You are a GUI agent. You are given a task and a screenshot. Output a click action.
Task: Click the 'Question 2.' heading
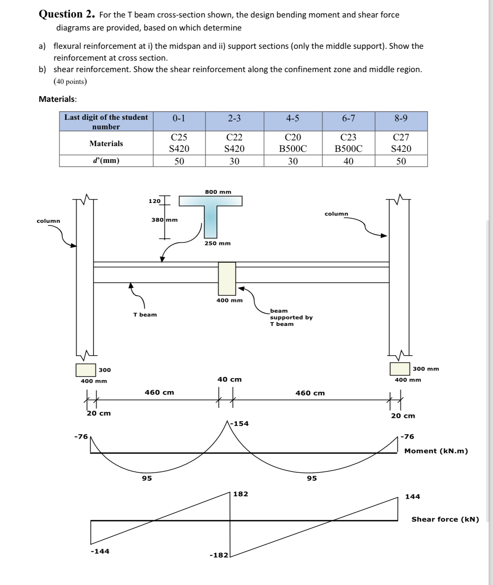(67, 15)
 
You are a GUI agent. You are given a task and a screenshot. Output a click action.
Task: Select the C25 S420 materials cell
(179, 143)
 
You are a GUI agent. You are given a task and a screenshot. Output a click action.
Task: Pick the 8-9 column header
(401, 118)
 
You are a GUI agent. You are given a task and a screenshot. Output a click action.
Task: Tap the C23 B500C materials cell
(349, 143)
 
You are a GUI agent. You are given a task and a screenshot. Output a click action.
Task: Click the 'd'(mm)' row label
(106, 161)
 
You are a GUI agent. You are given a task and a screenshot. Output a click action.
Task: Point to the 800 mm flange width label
(218, 192)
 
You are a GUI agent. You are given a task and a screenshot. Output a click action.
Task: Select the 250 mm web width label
(217, 243)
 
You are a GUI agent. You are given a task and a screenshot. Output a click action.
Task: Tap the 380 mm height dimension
(164, 220)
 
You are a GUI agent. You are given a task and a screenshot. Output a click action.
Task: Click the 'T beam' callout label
(145, 315)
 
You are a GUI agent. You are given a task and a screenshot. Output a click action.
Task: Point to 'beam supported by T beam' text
(291, 317)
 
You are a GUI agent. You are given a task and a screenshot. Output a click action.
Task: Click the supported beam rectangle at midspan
(227, 278)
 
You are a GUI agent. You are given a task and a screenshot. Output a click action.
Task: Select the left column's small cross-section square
(86, 370)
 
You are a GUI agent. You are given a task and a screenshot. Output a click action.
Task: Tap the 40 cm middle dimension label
(229, 379)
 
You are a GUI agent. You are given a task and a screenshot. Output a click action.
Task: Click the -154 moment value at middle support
(241, 424)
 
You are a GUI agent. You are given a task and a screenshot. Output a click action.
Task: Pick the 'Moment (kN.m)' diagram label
(436, 451)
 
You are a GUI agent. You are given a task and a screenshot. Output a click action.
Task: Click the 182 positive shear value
(240, 494)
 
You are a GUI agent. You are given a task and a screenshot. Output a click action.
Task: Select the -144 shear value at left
(100, 551)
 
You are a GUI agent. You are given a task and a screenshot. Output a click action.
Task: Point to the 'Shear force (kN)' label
(445, 519)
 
